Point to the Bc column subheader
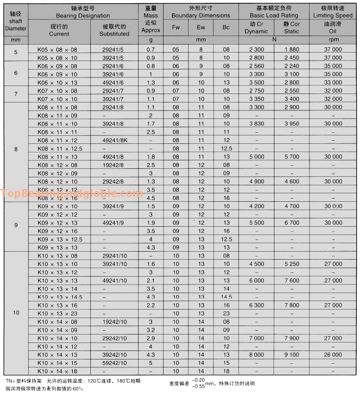pyautogui.click(x=226, y=27)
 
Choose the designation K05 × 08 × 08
pyautogui.click(x=57, y=49)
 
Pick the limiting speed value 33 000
pyautogui.click(x=333, y=82)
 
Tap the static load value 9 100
pyautogui.click(x=292, y=355)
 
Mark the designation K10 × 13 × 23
pyautogui.click(x=57, y=313)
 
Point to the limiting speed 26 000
pyautogui.click(x=333, y=355)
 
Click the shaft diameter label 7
pyautogui.click(x=16, y=95)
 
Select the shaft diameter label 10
pyautogui.click(x=16, y=313)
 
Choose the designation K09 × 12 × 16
pyautogui.click(x=57, y=231)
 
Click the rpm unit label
pyautogui.click(x=333, y=40)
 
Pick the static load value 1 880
pyautogui.click(x=292, y=49)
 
